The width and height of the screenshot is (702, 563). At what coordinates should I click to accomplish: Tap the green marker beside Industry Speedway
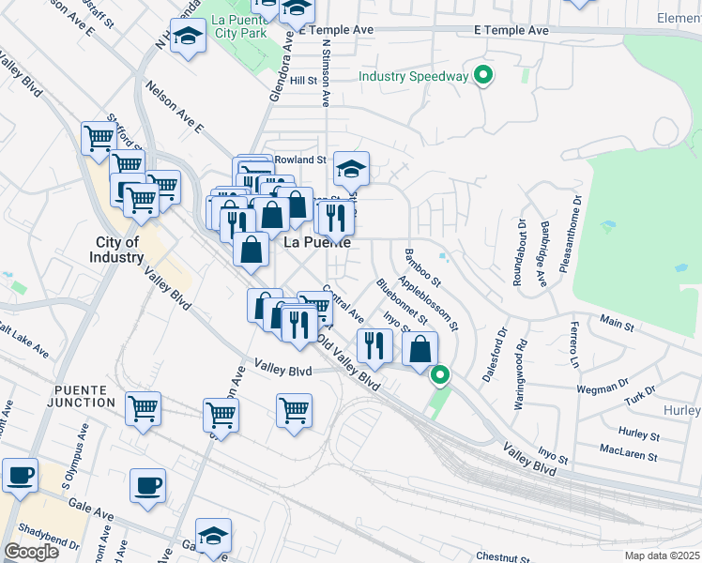point(484,74)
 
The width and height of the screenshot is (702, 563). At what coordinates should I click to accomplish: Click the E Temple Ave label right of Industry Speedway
point(511,31)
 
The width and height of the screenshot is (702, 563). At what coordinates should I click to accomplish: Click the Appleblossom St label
point(428,303)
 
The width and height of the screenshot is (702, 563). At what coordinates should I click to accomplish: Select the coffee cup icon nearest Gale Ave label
point(147,486)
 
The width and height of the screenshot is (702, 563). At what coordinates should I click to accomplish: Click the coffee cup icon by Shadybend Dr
point(20,475)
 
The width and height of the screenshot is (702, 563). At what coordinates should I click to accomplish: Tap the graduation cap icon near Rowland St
point(352,169)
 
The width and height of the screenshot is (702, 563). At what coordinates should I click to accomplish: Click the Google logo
point(30,552)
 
